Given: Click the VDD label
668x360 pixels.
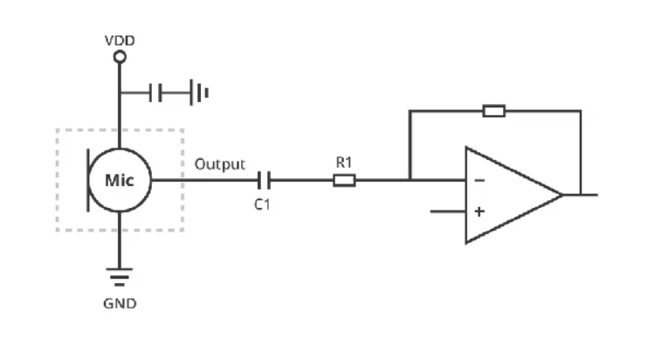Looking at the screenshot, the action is pos(120,40).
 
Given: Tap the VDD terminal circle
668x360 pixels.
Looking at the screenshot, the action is pos(120,57).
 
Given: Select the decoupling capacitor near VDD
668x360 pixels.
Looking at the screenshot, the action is pos(155,93).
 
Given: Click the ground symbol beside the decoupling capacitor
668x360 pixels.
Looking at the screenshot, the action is pos(199,92).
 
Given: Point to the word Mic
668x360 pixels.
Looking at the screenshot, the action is pos(120,180).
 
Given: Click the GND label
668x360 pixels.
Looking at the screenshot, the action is pos(120,304).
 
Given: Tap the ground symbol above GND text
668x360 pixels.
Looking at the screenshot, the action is pos(120,277).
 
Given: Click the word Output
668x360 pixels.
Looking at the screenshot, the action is pos(220,164).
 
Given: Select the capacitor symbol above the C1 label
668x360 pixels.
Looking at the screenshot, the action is pos(264,180).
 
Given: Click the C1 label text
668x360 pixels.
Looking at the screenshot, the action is pos(262,204).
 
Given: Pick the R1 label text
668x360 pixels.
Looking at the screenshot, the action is pos(344,163).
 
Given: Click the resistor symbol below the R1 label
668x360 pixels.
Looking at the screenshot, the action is pos(344,180).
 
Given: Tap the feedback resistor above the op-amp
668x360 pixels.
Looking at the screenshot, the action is pos(494,111).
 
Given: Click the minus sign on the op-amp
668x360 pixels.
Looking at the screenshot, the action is pos(479,180).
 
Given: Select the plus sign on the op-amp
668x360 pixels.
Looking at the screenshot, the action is pos(479,211).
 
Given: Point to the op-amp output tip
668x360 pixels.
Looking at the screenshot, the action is pos(562,195).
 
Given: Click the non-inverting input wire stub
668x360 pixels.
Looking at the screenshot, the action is pos(448,211).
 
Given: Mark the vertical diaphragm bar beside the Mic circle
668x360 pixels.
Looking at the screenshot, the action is pos(88,180).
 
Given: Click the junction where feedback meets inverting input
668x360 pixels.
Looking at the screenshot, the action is pos(410,180).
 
